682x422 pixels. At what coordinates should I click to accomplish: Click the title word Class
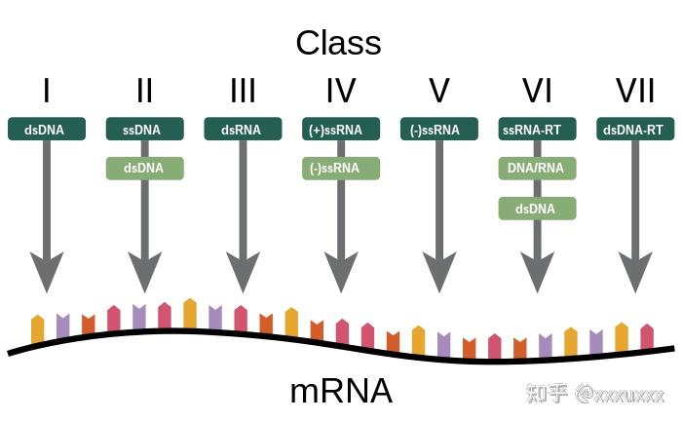coord(338,43)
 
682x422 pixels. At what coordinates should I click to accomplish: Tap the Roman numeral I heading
coord(46,91)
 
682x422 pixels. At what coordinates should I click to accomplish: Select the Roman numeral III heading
coord(243,91)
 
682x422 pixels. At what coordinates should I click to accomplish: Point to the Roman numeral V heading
coord(438,91)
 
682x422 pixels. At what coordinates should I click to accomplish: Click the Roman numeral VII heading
coord(635,91)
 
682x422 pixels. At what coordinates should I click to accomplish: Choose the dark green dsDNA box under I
coord(47,129)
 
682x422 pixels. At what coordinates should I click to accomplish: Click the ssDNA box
coord(144,129)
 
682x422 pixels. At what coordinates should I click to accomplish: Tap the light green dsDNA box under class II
coord(144,168)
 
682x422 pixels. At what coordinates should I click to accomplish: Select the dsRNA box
coord(243,129)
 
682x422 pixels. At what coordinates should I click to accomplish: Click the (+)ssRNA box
coord(341,129)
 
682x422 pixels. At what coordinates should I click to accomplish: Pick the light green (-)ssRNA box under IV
coord(341,168)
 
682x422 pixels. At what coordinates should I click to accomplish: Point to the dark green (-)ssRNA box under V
coord(438,129)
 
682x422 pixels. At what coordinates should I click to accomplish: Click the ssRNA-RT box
coord(537,129)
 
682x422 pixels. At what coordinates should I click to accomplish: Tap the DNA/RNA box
coord(537,168)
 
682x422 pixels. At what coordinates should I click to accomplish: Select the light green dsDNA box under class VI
coord(537,208)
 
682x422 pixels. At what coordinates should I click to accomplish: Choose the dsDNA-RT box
coord(635,129)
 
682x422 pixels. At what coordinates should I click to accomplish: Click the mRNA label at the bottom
coord(340,391)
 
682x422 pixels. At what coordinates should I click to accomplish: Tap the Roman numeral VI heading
coord(537,91)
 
